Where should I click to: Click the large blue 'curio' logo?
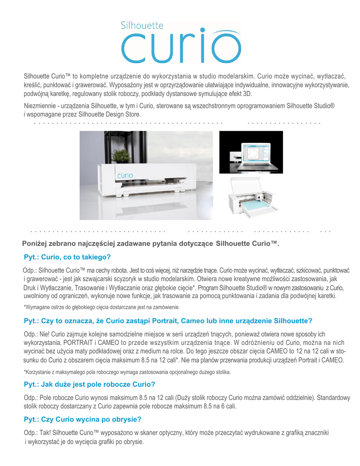pyautogui.click(x=181, y=46)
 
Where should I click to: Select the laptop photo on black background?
pyautogui.click(x=251, y=152)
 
